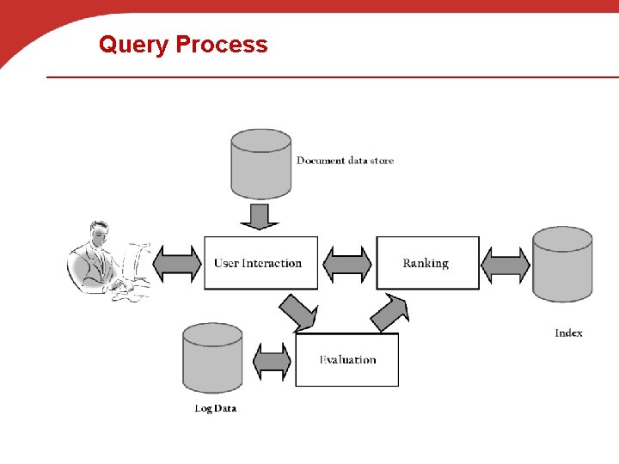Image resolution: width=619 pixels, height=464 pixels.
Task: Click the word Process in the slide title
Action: (x=221, y=45)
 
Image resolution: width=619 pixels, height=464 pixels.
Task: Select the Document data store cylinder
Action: (x=260, y=163)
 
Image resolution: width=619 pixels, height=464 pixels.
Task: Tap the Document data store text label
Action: (x=345, y=161)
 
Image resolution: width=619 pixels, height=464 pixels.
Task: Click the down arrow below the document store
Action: (x=260, y=216)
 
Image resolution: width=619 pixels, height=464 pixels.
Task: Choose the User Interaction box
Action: (x=260, y=263)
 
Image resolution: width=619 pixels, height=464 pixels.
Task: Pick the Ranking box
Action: (x=427, y=263)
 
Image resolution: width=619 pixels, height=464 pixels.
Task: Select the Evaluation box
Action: (x=347, y=360)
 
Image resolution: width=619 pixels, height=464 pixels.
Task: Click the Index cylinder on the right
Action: (x=561, y=264)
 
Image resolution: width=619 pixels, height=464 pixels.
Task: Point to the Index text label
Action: (x=568, y=333)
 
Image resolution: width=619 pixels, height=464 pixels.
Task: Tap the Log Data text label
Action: (x=215, y=408)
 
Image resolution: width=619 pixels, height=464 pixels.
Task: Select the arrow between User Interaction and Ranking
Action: (x=347, y=264)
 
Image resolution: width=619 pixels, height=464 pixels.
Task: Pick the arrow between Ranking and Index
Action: (x=505, y=264)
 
